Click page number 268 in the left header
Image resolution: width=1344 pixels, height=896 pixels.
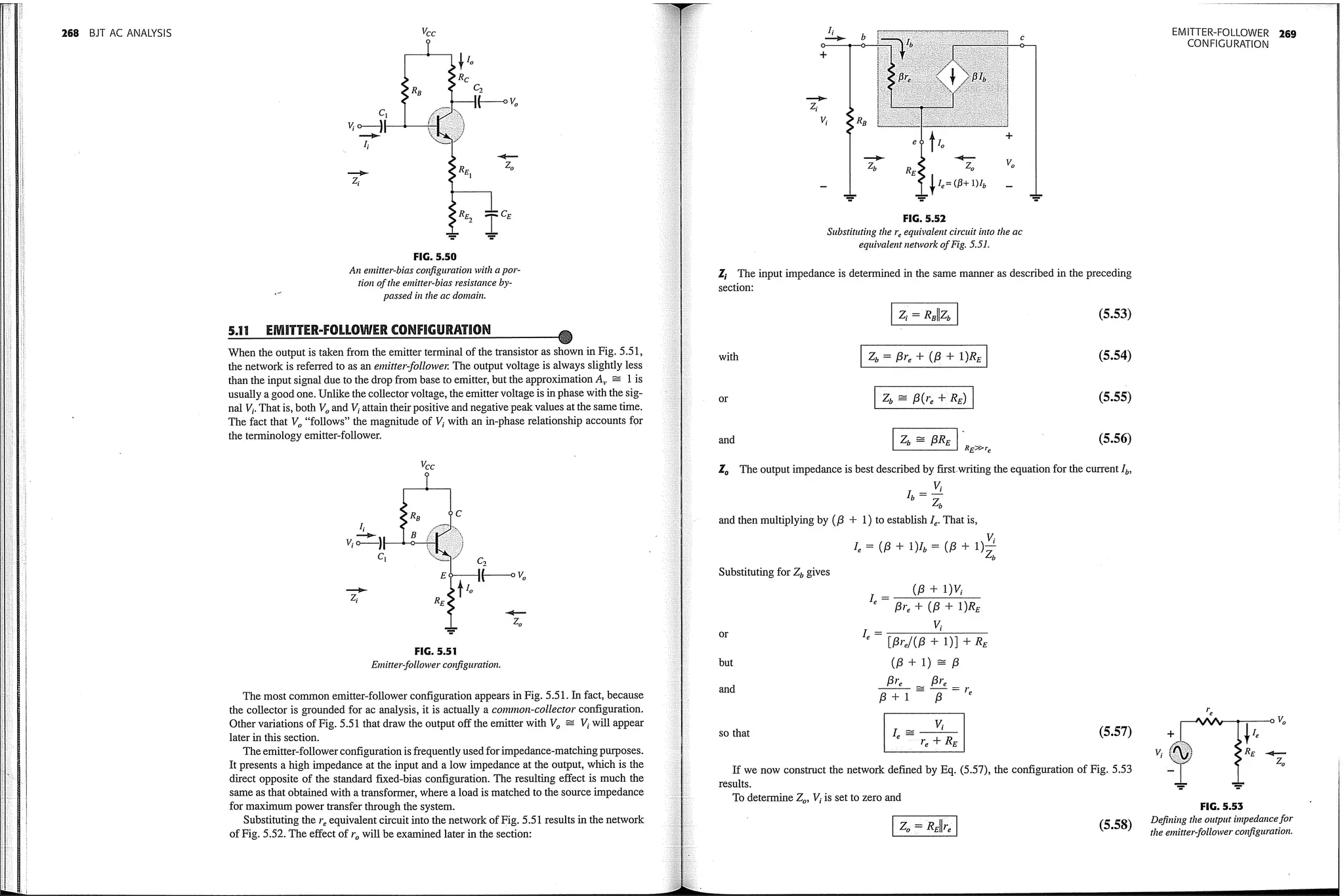pos(70,33)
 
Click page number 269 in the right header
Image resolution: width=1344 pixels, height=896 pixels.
pos(1288,34)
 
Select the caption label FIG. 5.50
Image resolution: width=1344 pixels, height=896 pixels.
pos(435,257)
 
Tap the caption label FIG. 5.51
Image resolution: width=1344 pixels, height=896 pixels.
pos(435,651)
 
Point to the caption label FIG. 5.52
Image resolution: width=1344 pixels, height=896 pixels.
pos(924,219)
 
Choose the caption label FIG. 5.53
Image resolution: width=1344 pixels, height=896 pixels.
pos(1221,807)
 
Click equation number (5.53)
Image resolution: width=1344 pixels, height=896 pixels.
pos(1114,314)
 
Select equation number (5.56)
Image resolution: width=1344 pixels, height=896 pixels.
pos(1114,438)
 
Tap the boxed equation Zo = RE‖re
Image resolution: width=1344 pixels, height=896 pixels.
pos(924,826)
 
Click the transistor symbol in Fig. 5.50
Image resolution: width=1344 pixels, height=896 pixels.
pos(446,125)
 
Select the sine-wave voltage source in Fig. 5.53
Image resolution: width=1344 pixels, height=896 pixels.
pos(1181,753)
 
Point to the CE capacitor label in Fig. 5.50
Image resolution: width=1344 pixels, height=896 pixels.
pos(506,214)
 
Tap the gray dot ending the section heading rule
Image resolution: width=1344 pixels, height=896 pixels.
pos(565,337)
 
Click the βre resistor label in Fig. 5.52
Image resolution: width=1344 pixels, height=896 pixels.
pos(904,77)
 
